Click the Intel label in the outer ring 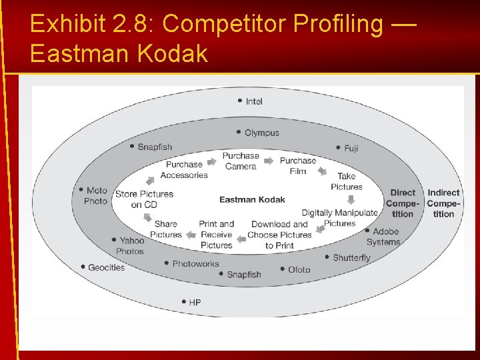(253, 101)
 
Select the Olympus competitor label (261, 133)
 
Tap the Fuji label (351, 148)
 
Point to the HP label (194, 303)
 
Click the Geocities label (106, 267)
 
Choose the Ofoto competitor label (299, 270)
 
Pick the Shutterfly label (351, 258)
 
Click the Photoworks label (195, 264)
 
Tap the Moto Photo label (96, 195)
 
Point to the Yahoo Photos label (131, 246)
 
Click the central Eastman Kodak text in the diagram (252, 199)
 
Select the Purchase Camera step (241, 161)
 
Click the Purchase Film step (297, 165)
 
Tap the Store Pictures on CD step (144, 199)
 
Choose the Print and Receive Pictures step (217, 235)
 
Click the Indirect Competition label (443, 203)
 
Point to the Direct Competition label (403, 203)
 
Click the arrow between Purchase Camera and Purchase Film (269, 161)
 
